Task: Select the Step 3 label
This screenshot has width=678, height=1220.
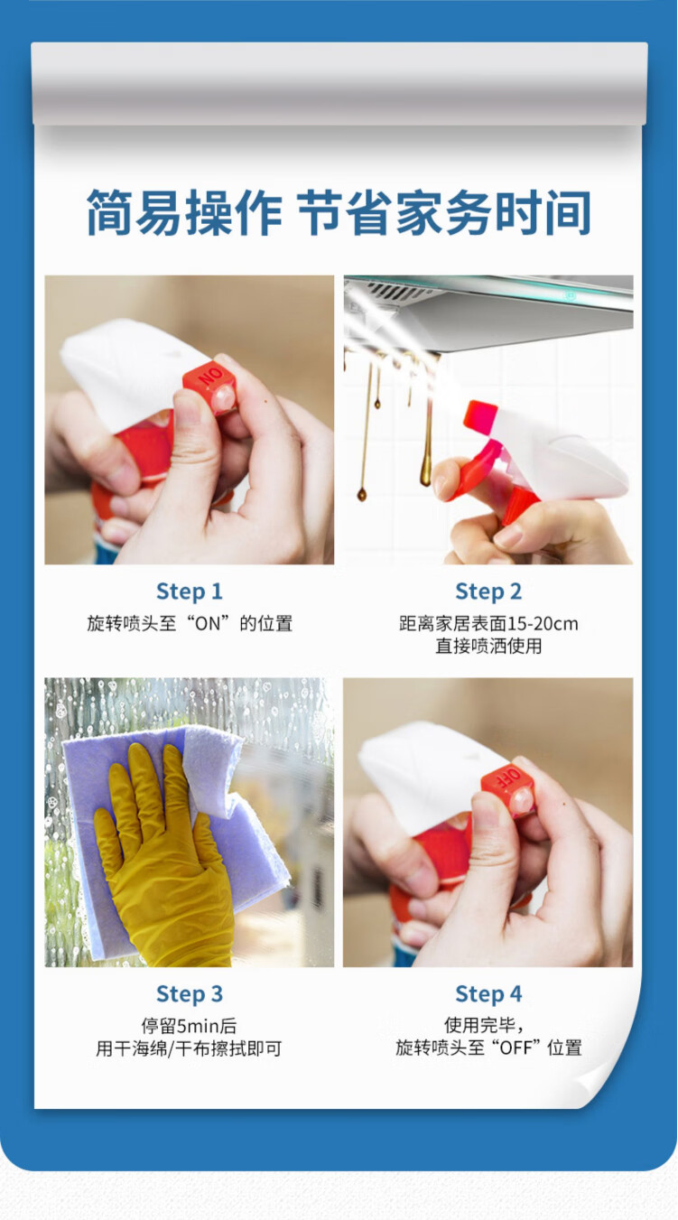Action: click(190, 994)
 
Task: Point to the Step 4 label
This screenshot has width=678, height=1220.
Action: click(488, 994)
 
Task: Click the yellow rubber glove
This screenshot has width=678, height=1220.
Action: click(164, 855)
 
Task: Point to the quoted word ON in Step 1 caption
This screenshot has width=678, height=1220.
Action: click(208, 624)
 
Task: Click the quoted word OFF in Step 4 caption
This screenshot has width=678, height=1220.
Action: click(515, 1048)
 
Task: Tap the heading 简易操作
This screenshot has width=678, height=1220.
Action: click(184, 212)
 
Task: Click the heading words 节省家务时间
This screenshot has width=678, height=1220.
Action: click(444, 212)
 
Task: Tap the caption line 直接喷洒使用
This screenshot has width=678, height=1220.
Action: click(488, 647)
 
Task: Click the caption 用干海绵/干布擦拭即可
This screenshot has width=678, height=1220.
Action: click(189, 1048)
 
